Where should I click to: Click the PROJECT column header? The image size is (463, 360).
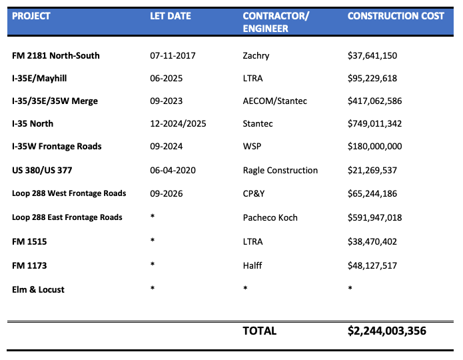click(31, 16)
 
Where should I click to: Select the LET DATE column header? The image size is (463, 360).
click(171, 16)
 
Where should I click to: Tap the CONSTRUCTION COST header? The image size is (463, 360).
click(396, 16)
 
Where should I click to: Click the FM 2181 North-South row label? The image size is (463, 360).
click(56, 55)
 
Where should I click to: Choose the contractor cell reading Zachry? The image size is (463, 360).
click(256, 55)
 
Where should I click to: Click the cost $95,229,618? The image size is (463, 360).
click(372, 78)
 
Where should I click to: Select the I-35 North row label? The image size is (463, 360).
click(33, 123)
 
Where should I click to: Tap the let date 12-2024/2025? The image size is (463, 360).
click(178, 123)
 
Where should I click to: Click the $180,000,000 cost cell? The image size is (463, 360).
click(375, 146)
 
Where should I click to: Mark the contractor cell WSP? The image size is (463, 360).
click(252, 146)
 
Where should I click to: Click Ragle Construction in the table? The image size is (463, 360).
click(280, 170)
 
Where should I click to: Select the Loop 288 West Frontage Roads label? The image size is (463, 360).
click(69, 193)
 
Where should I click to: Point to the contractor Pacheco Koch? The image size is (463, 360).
click(270, 217)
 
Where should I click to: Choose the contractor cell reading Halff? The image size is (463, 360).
click(252, 265)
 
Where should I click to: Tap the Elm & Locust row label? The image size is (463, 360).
click(39, 289)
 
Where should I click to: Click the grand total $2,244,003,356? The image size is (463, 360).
click(387, 331)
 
